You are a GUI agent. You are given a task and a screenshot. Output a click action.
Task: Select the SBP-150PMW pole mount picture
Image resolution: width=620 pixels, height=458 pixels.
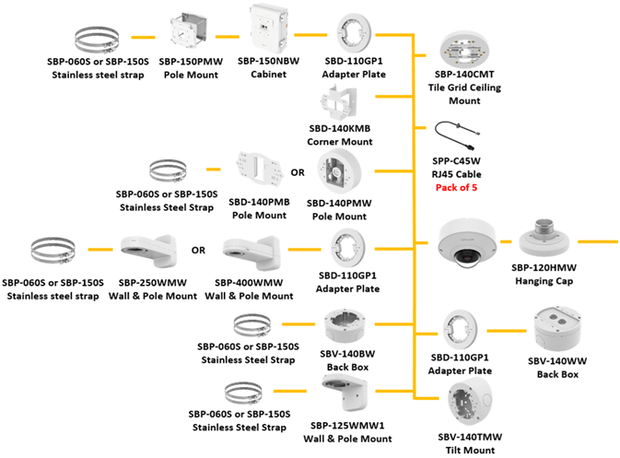point(188,34)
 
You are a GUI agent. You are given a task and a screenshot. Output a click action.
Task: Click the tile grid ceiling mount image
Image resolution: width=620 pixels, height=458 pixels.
point(469,47)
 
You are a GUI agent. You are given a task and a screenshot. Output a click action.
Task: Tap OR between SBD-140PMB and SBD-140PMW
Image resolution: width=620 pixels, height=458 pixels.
point(298,172)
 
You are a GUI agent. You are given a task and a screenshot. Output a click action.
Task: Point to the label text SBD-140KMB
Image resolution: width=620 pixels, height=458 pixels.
point(339,131)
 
